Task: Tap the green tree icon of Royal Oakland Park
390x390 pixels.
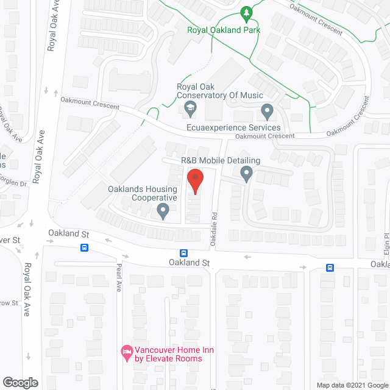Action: tap(246, 12)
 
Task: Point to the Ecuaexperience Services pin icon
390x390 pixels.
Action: tap(266, 112)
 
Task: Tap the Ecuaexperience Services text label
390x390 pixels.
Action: tap(233, 127)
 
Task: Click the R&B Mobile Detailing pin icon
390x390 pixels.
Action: tap(246, 175)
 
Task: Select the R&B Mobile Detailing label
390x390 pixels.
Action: tap(221, 161)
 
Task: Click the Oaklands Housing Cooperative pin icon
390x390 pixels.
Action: tap(163, 211)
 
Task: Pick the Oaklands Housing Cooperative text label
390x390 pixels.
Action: tap(143, 193)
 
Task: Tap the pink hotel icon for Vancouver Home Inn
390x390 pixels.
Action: tap(127, 352)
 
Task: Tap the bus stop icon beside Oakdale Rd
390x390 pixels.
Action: tap(183, 253)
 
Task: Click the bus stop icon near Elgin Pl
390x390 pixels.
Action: tap(330, 267)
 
